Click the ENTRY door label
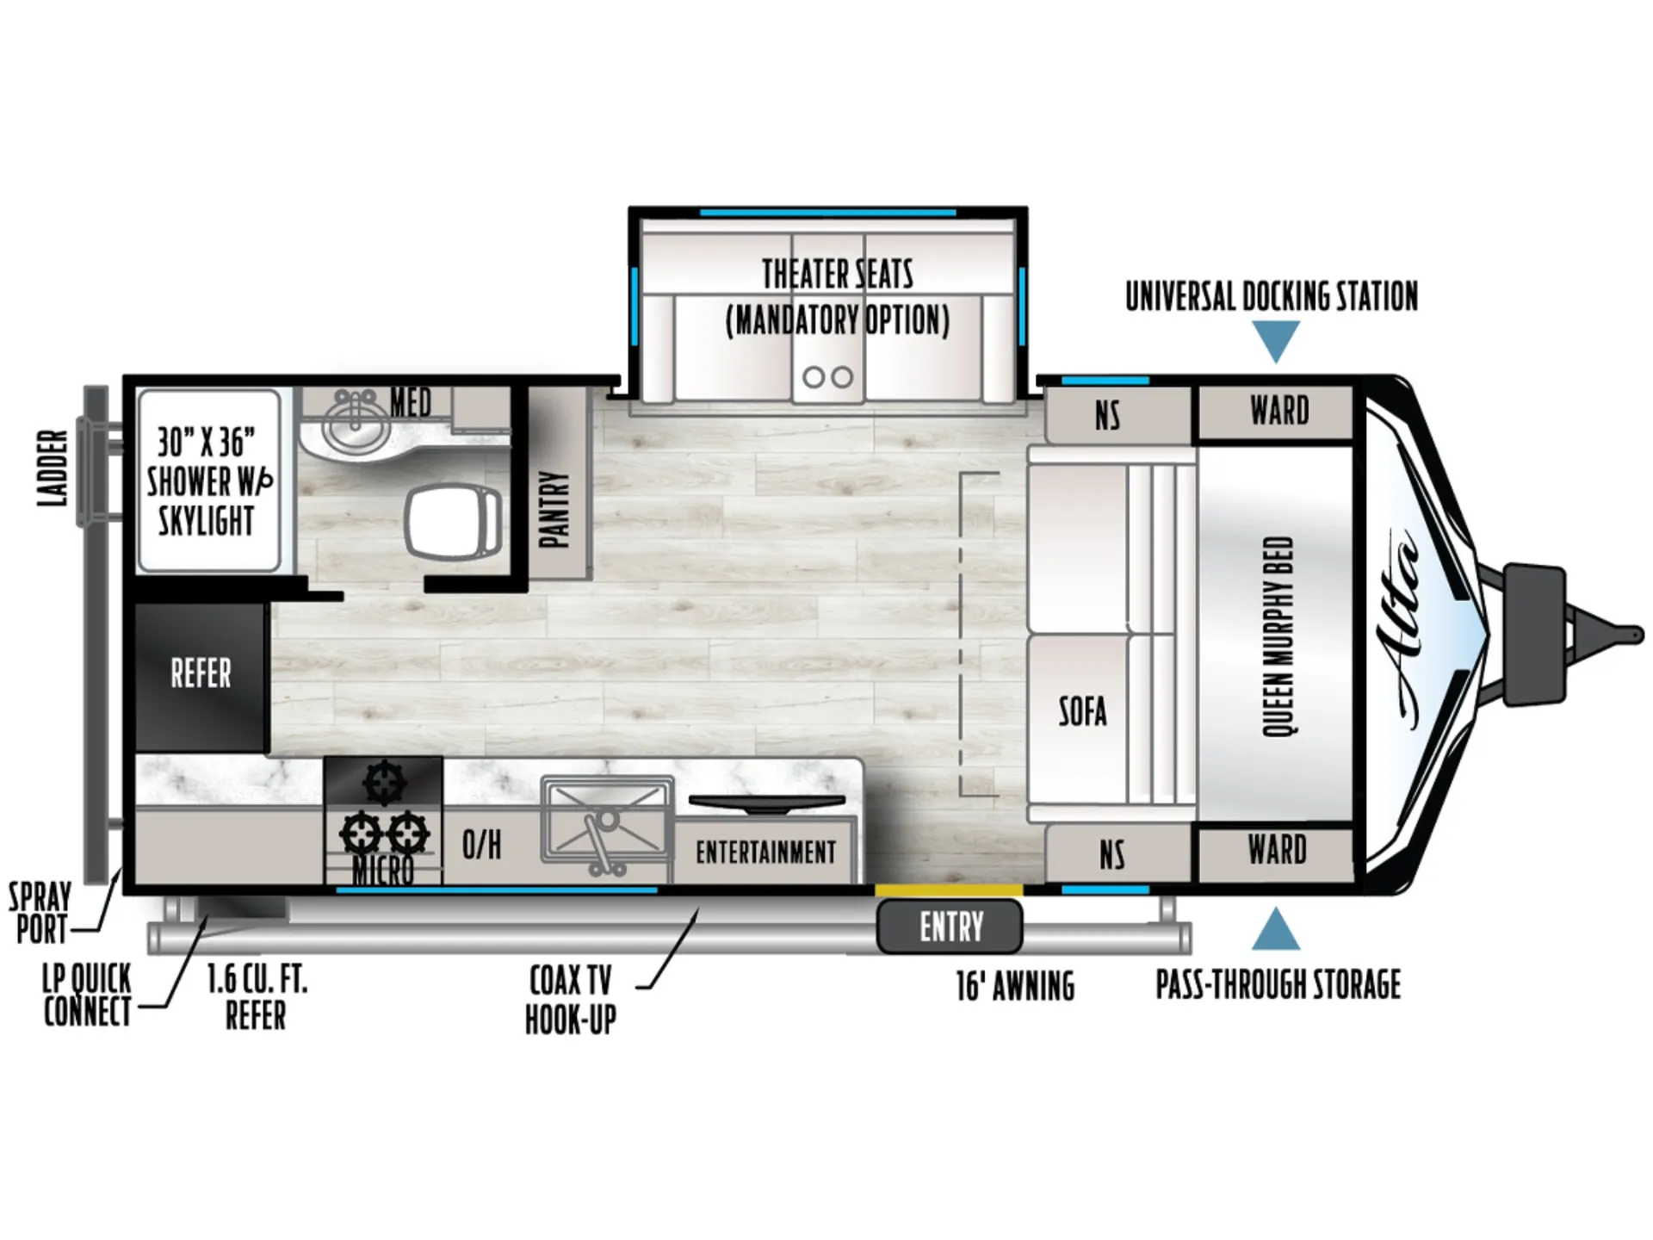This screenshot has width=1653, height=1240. (950, 927)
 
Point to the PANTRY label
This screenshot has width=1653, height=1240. (554, 510)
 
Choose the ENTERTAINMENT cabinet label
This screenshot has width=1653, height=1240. (765, 852)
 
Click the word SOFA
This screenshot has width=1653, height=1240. (1082, 711)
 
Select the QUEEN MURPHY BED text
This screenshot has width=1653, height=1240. (1278, 636)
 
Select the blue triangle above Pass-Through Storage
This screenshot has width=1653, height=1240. (1276, 929)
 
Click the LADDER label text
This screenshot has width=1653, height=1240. (53, 468)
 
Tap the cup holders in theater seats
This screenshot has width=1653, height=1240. (827, 376)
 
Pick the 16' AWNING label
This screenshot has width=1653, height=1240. (1015, 986)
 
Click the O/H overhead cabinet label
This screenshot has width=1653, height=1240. (481, 845)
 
